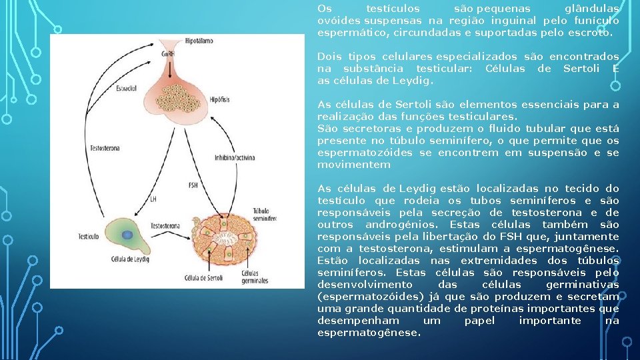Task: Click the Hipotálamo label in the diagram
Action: coord(199,41)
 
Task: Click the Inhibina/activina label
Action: coord(233,158)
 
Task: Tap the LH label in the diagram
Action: coord(153,199)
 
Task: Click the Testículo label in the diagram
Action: coord(88,237)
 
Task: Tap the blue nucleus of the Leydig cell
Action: coord(126,235)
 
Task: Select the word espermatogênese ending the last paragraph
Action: coord(369,333)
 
